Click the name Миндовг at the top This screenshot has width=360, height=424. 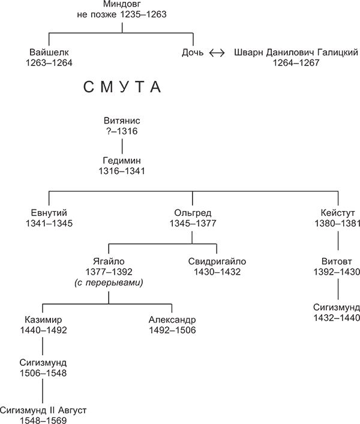point(122,5)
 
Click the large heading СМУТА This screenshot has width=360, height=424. point(122,89)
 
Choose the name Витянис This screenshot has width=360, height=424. point(122,121)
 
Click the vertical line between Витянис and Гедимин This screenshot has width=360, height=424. point(122,146)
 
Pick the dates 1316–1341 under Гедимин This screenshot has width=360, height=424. point(122,171)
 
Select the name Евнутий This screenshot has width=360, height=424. point(49,213)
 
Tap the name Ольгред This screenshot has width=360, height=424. point(192,213)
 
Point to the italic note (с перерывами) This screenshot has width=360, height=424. point(108,282)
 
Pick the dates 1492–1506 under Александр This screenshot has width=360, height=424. point(172,330)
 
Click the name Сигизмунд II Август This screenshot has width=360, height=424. point(43,410)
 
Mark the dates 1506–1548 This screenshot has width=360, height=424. point(43,372)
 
